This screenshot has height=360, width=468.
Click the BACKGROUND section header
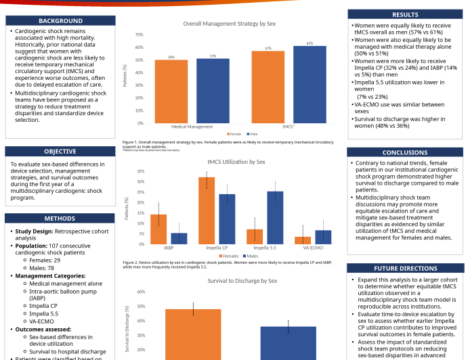pos(60,21)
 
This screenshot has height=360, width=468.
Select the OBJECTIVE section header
pos(60,152)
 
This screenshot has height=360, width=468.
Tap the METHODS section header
pos(60,219)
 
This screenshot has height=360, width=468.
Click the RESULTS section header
pos(405,14)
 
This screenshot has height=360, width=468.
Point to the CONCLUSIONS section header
pos(405,153)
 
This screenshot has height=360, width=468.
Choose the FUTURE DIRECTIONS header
pos(405,269)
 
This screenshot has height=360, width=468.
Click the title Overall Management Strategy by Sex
pos(230,24)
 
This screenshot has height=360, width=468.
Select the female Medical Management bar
pos(171,91)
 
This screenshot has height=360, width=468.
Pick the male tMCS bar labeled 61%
pos(310,85)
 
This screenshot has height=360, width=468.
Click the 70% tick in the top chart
pos(139,35)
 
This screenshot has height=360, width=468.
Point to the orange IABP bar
pos(158,229)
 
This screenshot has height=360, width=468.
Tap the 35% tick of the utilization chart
pos(140,172)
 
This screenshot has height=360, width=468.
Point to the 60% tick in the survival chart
pos(141,292)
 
